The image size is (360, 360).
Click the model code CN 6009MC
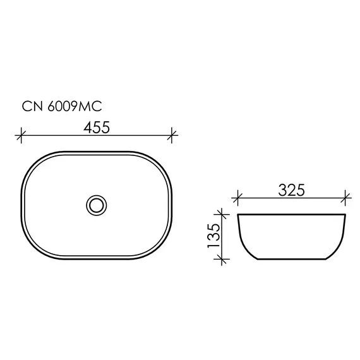coord(62,107)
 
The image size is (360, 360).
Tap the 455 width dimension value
coord(97,127)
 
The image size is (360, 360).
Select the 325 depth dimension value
coord(291,190)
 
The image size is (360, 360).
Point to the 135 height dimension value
coord(213,236)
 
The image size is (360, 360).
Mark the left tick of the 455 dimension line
coord(21,135)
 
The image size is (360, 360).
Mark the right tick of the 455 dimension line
coord(172,135)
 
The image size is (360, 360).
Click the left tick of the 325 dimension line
coord(237,198)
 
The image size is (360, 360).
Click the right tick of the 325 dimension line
coord(345,198)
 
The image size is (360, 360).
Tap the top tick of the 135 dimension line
coord(222,215)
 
